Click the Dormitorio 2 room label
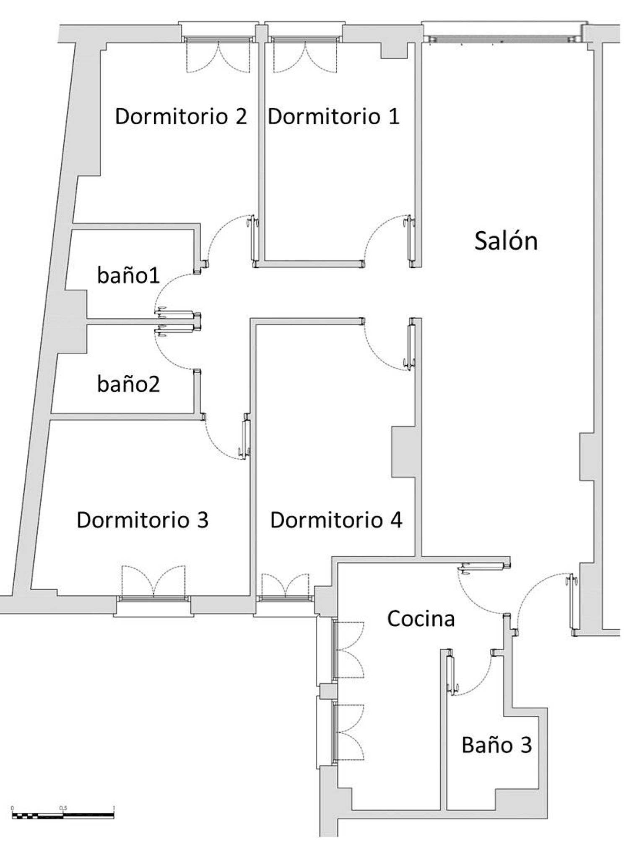[x=181, y=116]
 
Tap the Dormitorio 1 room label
[x=334, y=116]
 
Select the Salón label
[x=506, y=241]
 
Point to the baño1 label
[x=128, y=275]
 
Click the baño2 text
[x=128, y=384]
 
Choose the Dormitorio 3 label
[x=143, y=520]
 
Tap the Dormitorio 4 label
[x=336, y=520]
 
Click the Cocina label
[x=421, y=618]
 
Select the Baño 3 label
[x=497, y=745]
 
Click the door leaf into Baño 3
[x=450, y=675]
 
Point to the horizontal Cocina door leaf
[x=484, y=568]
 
